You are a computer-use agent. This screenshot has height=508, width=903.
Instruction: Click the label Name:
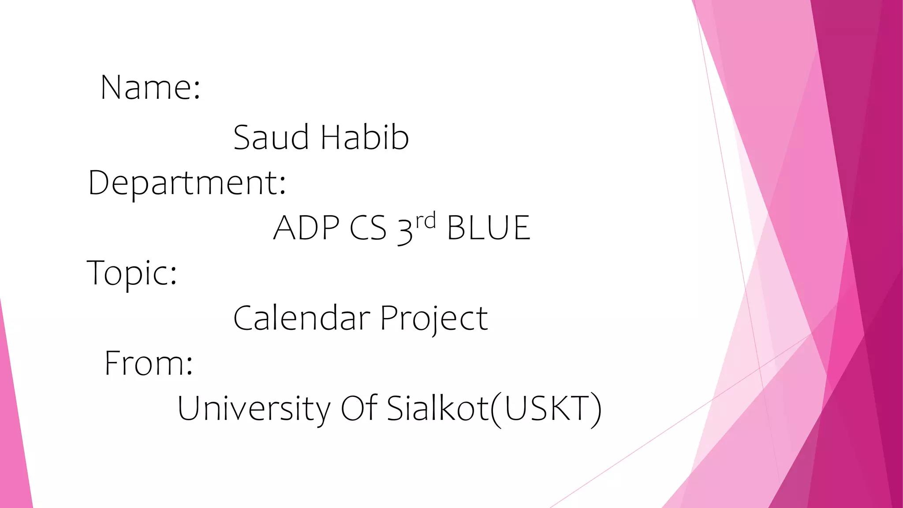click(150, 87)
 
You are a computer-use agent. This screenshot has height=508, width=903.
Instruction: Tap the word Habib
click(365, 137)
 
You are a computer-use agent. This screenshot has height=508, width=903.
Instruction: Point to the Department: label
click(187, 183)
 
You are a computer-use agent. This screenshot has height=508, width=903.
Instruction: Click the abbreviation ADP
click(306, 228)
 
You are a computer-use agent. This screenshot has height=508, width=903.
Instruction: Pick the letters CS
click(368, 228)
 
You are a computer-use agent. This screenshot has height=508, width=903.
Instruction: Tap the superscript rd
click(425, 220)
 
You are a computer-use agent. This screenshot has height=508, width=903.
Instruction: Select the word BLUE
click(489, 228)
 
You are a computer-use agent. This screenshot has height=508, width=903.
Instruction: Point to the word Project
click(434, 318)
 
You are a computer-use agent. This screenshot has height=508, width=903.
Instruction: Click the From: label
click(149, 363)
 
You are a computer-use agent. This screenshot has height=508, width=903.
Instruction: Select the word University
click(254, 408)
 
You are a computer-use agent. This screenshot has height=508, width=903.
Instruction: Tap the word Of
click(359, 407)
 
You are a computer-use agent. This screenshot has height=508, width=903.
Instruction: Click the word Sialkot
click(438, 407)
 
